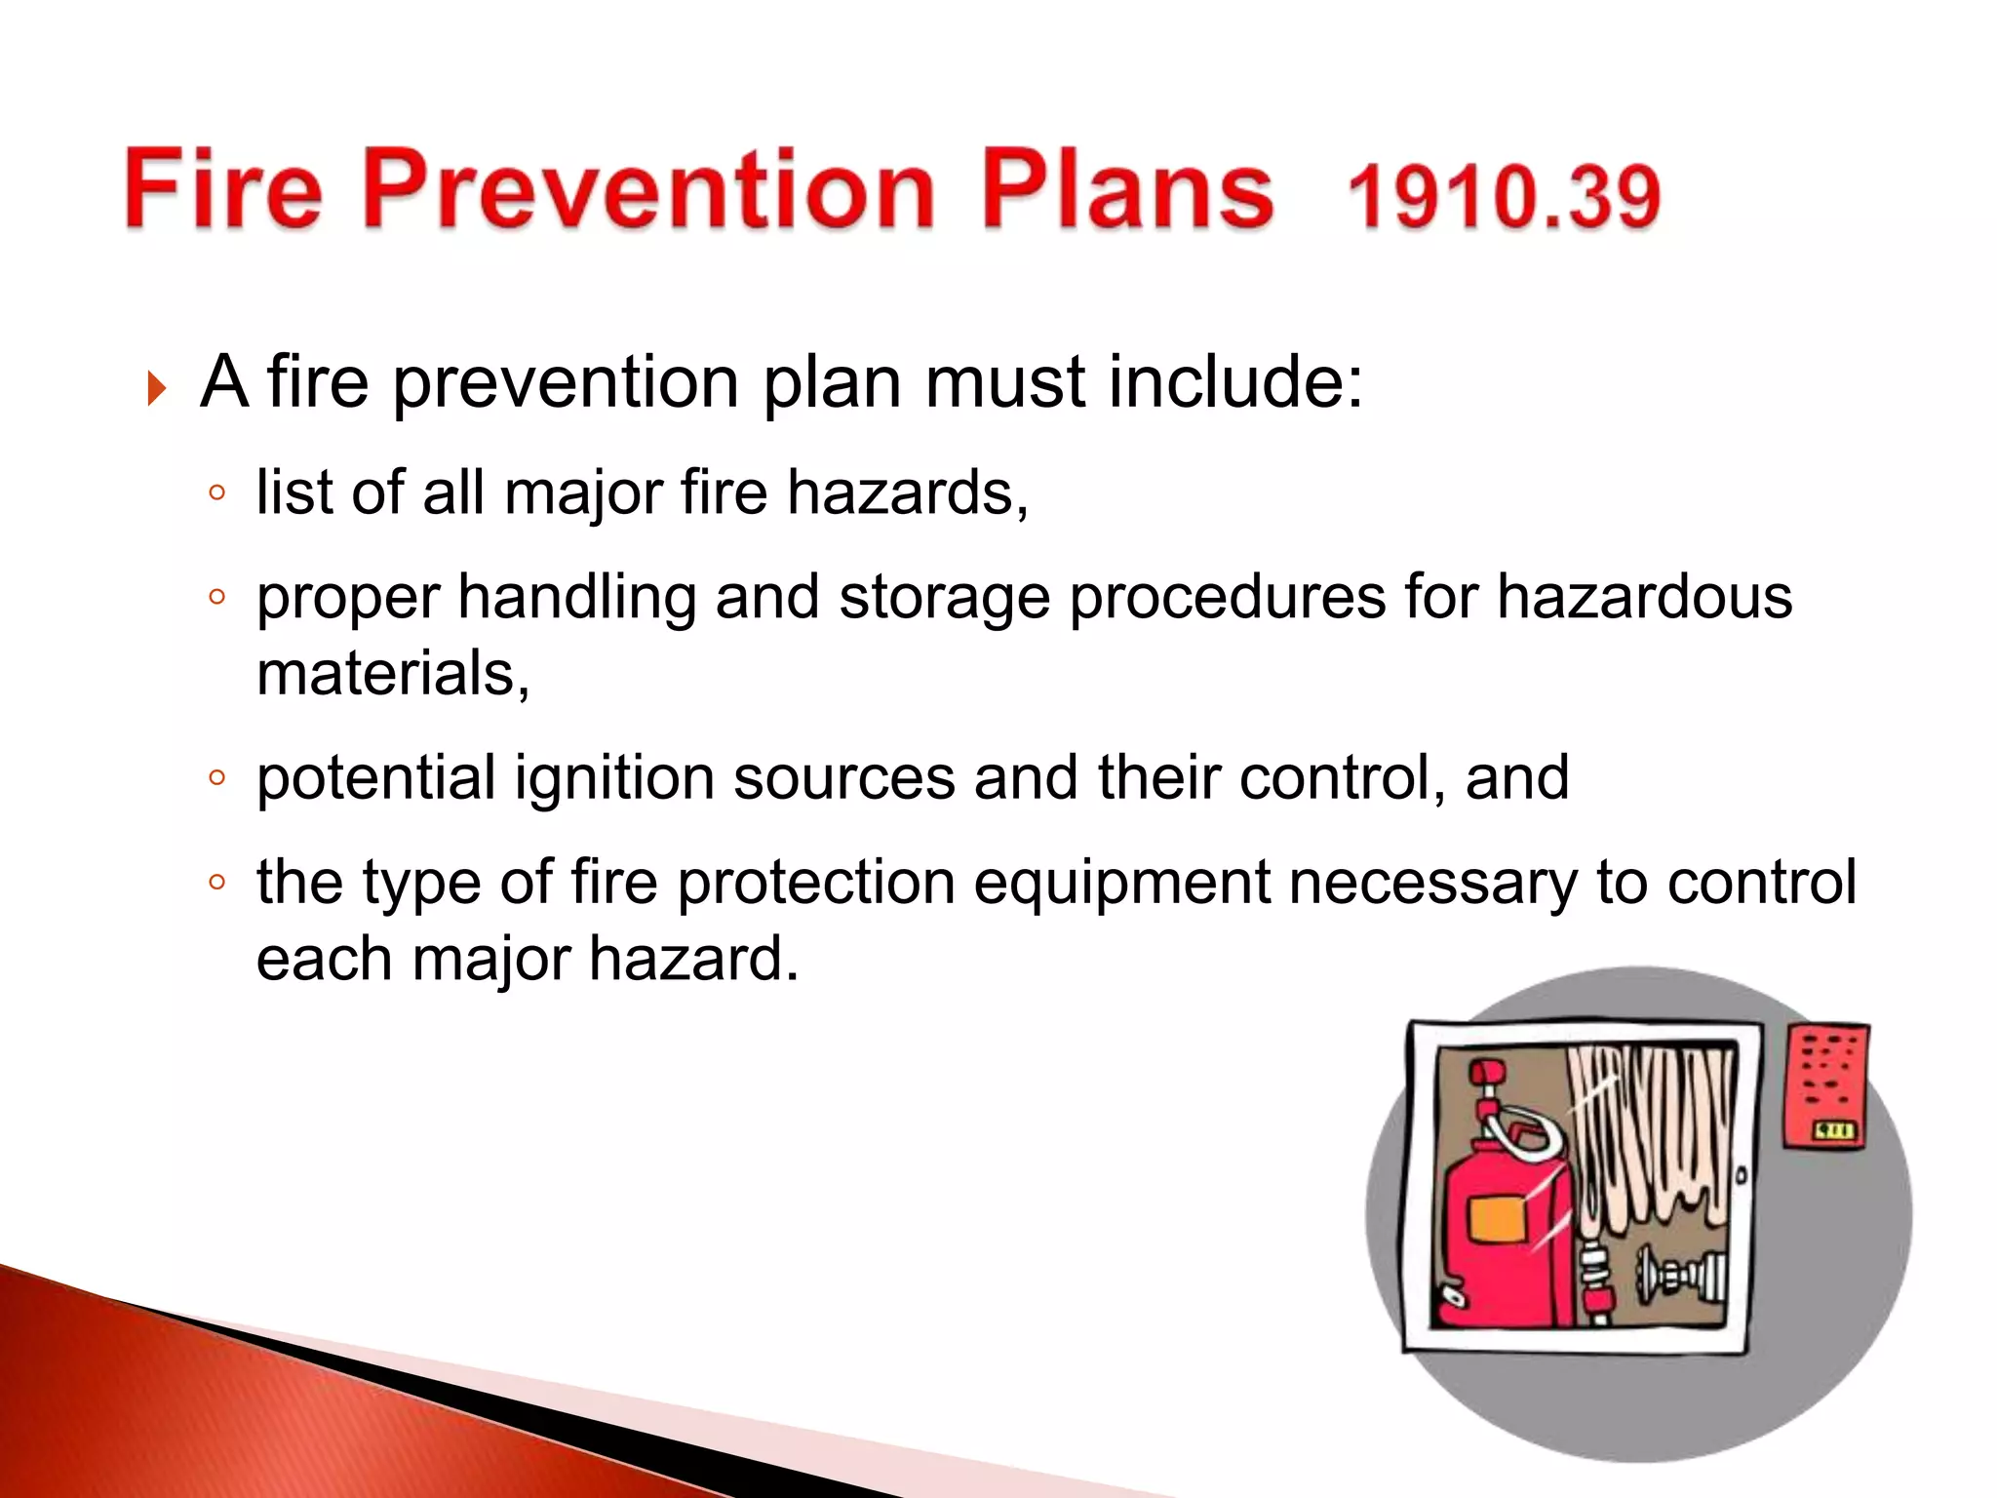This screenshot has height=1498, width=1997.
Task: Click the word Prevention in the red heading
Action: (x=649, y=189)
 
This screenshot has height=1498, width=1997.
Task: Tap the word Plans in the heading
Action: (x=1126, y=189)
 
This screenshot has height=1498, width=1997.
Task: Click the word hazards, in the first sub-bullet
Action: (x=907, y=493)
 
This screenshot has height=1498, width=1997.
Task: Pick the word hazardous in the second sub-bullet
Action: (x=1644, y=597)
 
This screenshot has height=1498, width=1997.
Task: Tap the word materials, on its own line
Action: (x=393, y=674)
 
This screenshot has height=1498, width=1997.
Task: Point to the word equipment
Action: (x=1121, y=883)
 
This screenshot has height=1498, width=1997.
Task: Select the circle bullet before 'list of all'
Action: (x=216, y=493)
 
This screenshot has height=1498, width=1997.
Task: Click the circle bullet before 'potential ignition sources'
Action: (x=216, y=778)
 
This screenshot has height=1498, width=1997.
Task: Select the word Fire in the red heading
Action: (x=223, y=189)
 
